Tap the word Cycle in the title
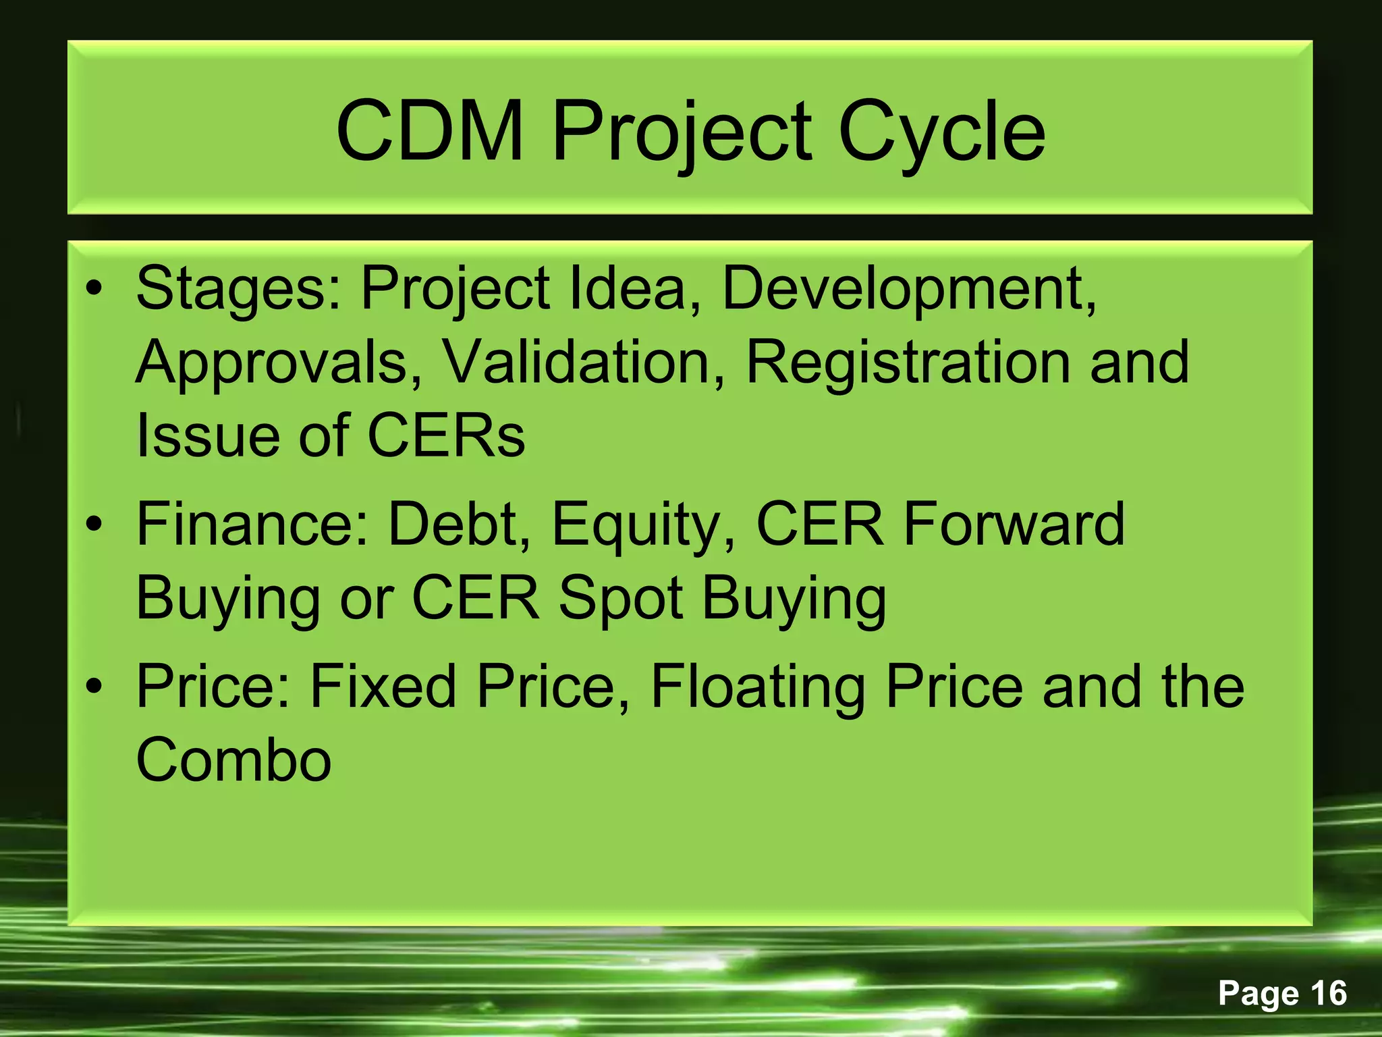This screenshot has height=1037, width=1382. point(942,133)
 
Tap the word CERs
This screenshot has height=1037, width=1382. point(446,435)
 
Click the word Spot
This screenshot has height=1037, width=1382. point(621,600)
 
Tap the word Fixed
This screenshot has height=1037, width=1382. point(383,687)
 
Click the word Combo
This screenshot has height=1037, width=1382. point(233,760)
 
